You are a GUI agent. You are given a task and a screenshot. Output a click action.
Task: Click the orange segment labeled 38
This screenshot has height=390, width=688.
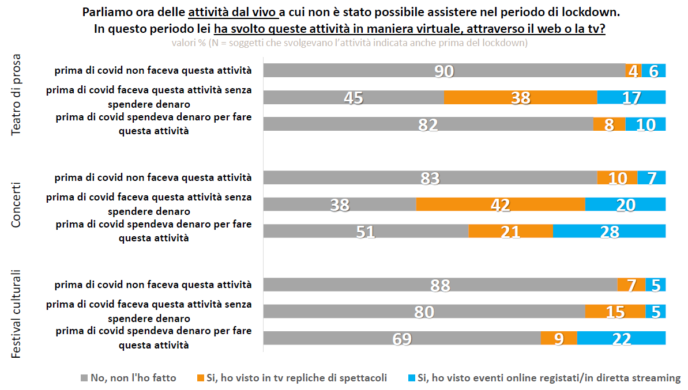(520, 97)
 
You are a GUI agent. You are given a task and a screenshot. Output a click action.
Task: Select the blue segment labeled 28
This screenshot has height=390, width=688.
(609, 231)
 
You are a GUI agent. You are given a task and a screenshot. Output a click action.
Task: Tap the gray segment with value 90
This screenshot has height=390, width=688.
(445, 70)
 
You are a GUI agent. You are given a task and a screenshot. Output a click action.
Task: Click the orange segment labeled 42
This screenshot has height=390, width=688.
(501, 205)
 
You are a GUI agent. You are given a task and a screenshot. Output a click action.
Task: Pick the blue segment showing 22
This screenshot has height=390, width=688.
(621, 338)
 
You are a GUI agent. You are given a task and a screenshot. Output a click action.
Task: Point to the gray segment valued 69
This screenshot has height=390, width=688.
(402, 338)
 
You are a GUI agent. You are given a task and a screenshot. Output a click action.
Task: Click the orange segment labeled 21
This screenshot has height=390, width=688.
(510, 231)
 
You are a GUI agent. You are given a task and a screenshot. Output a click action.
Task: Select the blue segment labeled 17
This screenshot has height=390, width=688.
(631, 97)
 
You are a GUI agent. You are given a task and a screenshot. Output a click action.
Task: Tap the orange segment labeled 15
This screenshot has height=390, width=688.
(615, 312)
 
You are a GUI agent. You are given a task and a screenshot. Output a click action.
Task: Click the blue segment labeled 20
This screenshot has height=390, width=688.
(625, 205)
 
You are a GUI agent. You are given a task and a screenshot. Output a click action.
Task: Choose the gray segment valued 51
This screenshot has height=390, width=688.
(366, 231)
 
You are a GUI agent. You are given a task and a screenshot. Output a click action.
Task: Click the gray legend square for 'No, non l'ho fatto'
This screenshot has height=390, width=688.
(85, 378)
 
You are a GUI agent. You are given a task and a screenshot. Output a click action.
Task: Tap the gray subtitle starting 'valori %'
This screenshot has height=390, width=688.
(349, 43)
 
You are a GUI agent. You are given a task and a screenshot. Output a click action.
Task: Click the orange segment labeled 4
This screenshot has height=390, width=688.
(633, 70)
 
